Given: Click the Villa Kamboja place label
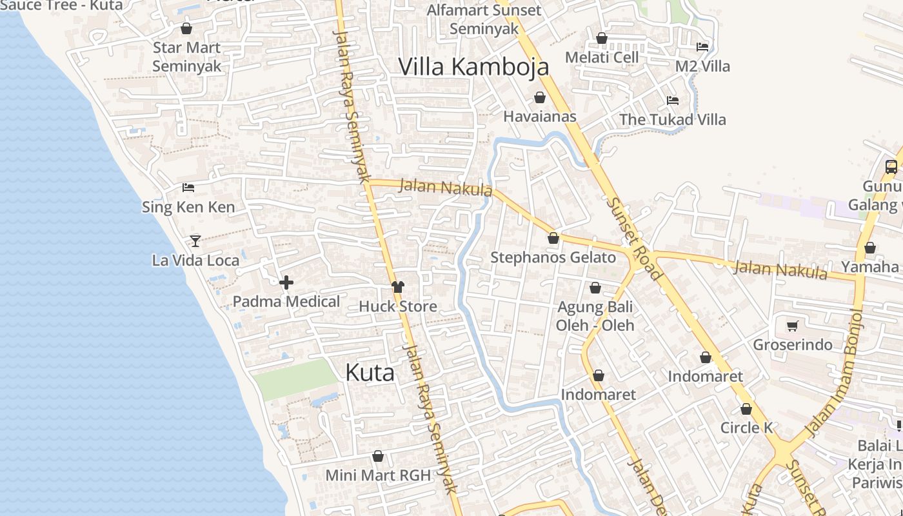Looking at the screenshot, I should tap(473, 66).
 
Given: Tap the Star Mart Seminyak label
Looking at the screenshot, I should tap(186, 57).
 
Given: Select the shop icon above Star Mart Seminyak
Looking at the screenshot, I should tap(186, 28).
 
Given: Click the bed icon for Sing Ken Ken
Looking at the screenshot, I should tap(188, 188).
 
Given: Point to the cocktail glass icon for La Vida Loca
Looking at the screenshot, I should tap(195, 241).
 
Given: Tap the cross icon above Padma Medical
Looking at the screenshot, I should tap(286, 283).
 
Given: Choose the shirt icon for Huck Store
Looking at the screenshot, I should tap(398, 287).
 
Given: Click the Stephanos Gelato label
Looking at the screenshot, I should tap(553, 257).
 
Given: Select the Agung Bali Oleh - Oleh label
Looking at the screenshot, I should tap(595, 316).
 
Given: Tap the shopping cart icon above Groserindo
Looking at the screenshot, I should tap(793, 326).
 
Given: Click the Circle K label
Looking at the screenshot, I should tap(746, 428).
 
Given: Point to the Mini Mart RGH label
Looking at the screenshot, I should tap(377, 475).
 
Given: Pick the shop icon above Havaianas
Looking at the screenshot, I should tap(540, 97).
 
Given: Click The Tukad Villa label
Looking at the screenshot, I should tap(672, 119).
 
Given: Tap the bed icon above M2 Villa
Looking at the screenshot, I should tap(702, 47).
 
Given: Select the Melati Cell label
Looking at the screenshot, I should tap(601, 57).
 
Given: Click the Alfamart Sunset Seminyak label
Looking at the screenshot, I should tap(484, 19).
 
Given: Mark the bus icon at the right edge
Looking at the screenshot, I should tap(891, 167).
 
